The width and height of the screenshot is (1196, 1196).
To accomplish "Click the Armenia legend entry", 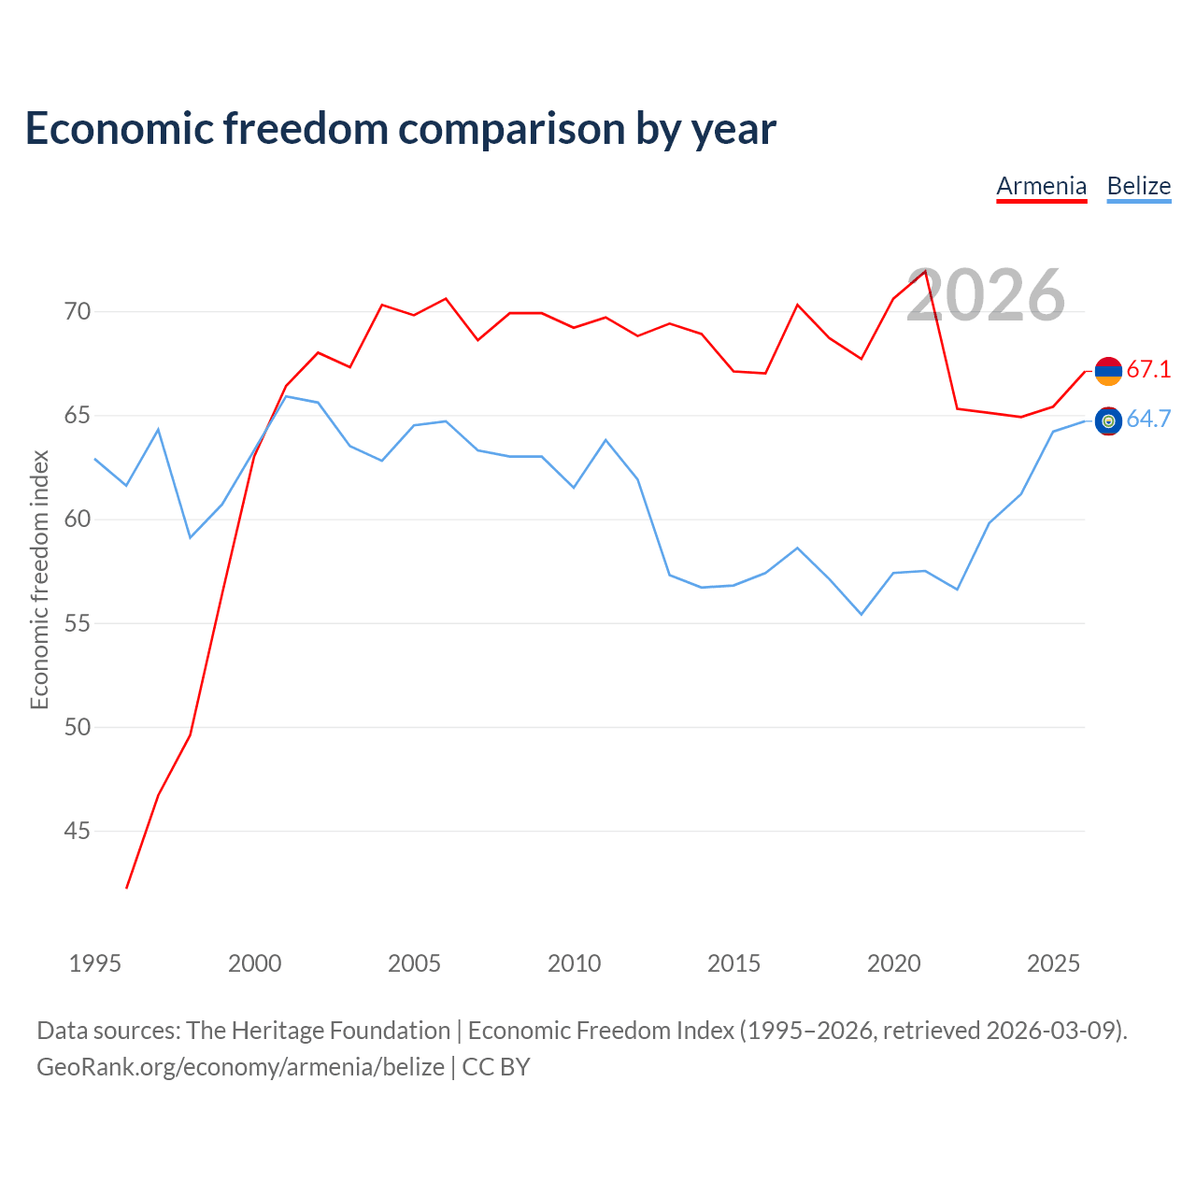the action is [x=1042, y=187].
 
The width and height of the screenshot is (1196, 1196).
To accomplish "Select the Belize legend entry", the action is [x=1139, y=187].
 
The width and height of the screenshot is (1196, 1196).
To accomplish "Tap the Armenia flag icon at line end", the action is [x=1108, y=371].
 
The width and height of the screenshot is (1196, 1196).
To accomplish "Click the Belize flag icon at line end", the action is [x=1108, y=421].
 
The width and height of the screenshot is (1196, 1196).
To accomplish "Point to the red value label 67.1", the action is [x=1148, y=369].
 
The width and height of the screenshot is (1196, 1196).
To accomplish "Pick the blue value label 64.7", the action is [x=1148, y=419].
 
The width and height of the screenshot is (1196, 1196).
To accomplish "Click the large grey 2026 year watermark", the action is [x=986, y=295].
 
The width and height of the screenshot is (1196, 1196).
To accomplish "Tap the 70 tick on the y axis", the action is [x=78, y=311].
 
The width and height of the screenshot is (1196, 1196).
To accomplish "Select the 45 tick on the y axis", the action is [x=78, y=831].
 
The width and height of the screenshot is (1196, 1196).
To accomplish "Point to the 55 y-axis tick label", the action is [x=78, y=623].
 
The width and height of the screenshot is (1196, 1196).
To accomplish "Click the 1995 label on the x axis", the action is [x=95, y=963].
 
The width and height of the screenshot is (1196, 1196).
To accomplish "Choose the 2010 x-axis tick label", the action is [x=574, y=963].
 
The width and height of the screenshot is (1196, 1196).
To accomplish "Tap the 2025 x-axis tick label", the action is [x=1053, y=963].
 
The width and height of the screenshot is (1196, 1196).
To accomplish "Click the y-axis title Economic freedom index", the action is [x=39, y=579].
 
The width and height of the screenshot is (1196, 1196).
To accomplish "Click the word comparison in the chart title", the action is [x=511, y=130].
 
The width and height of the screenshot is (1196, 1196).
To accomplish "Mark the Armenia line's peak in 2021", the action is [x=925, y=271].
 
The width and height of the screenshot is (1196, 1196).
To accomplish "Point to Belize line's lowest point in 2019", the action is [x=861, y=615].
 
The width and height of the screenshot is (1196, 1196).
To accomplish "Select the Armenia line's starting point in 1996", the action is [x=127, y=889].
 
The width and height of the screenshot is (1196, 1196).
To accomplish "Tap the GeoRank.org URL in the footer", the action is [x=241, y=1067].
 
